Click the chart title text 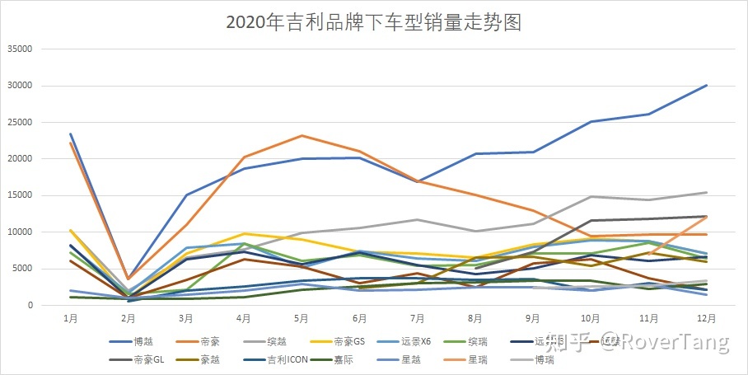pyautogui.click(x=374, y=21)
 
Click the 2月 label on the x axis pyautogui.click(x=128, y=316)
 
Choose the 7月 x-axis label pyautogui.click(x=417, y=316)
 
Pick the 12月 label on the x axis pyautogui.click(x=706, y=316)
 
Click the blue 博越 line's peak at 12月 pyautogui.click(x=706, y=86)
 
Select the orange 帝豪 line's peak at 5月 pyautogui.click(x=302, y=136)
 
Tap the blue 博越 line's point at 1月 pyautogui.click(x=71, y=134)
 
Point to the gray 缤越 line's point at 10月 pyautogui.click(x=591, y=197)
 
